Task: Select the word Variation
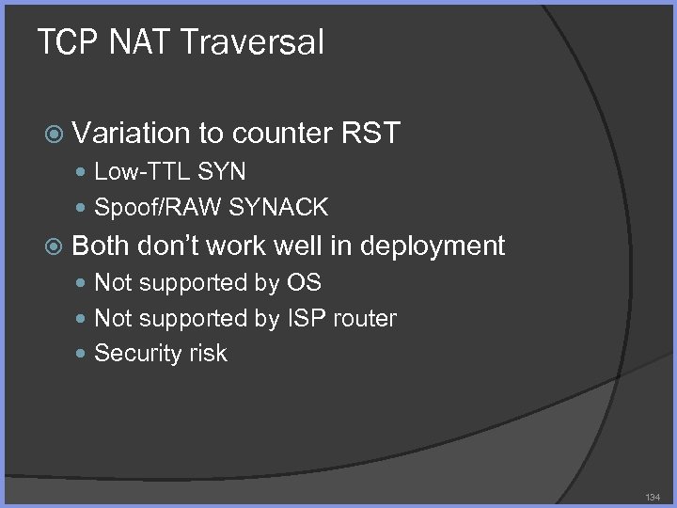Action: point(131,134)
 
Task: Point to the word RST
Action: point(370,134)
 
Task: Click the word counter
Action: point(281,134)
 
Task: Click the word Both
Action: point(101,246)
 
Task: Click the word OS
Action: point(304,282)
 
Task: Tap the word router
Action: point(363,318)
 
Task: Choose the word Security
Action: point(134,354)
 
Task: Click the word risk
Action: point(205,354)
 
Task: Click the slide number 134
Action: point(653,496)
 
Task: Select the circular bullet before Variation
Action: point(55,135)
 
